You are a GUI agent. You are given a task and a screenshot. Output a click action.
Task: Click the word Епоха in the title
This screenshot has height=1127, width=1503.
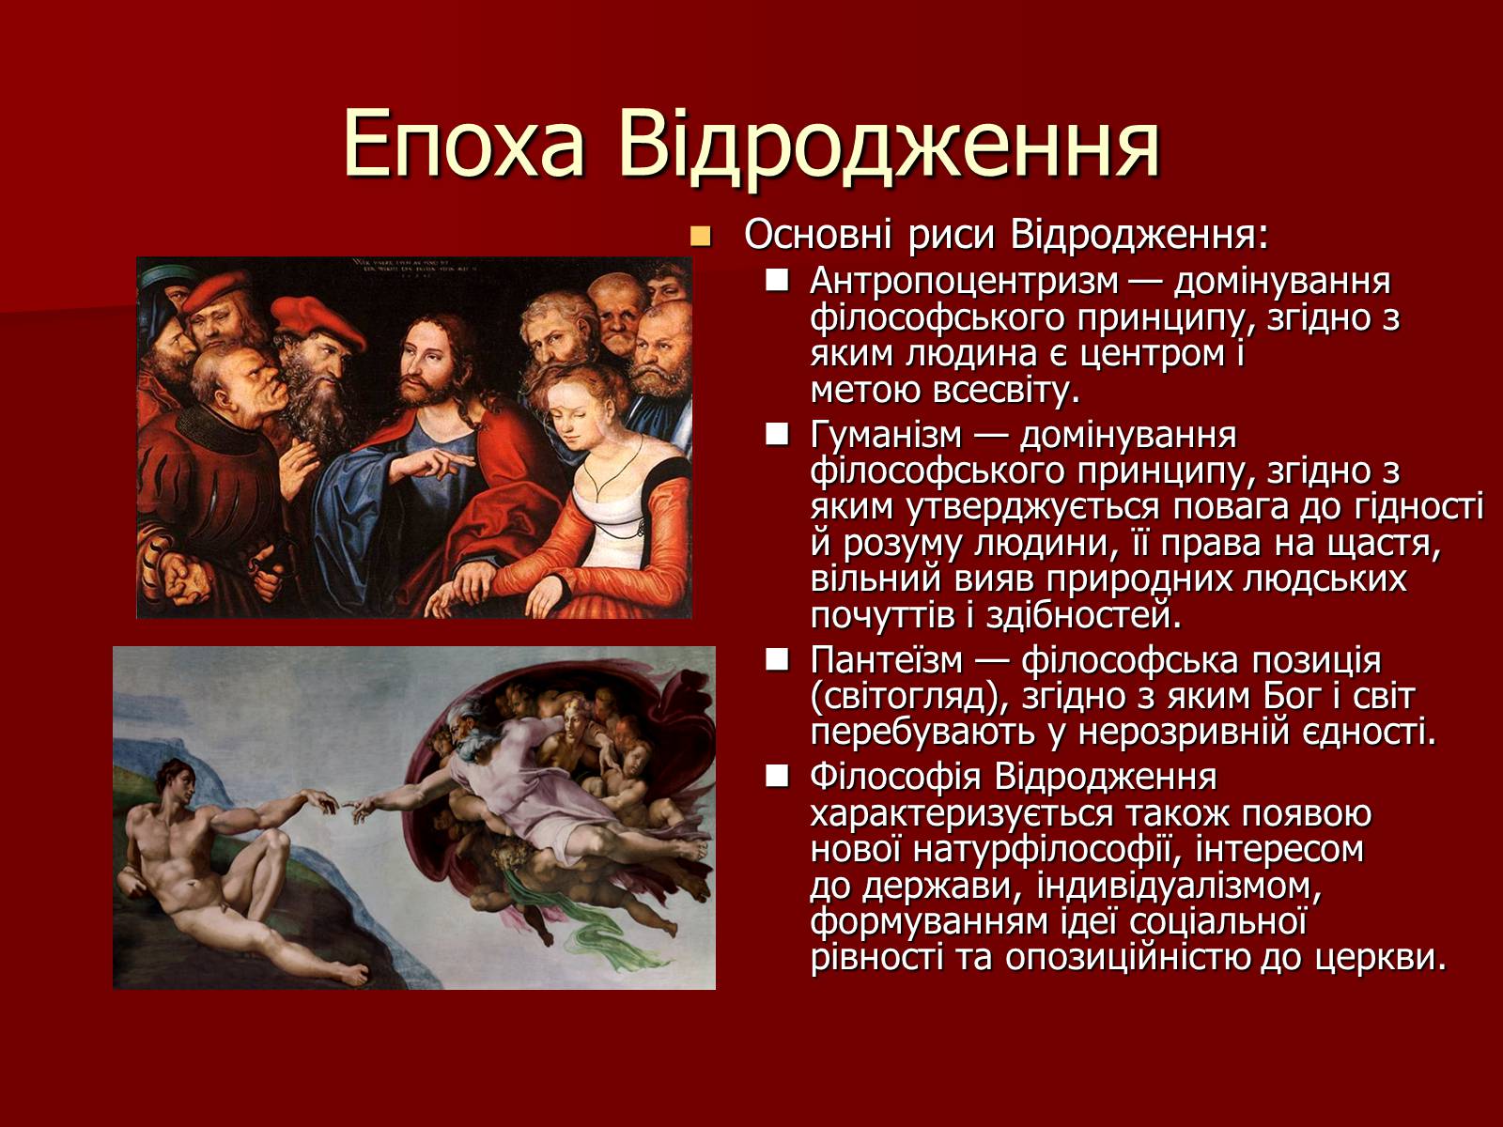pyautogui.click(x=463, y=145)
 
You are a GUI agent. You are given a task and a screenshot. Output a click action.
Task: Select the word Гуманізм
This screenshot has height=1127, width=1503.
pyautogui.click(x=887, y=435)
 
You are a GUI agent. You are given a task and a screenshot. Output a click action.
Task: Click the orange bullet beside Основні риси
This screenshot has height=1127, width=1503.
pyautogui.click(x=701, y=237)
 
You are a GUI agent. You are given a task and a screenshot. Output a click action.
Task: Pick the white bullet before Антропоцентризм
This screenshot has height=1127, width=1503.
pyautogui.click(x=777, y=281)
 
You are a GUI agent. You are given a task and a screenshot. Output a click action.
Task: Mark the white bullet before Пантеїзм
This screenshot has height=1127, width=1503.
pyautogui.click(x=777, y=659)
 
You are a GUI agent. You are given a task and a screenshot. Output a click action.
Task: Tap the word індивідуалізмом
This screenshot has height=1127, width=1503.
pyautogui.click(x=1179, y=887)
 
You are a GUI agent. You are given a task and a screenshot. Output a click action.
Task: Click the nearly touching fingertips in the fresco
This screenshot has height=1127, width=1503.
pyautogui.click(x=342, y=807)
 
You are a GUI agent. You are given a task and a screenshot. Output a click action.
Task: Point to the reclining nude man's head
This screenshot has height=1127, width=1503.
pyautogui.click(x=175, y=780)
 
